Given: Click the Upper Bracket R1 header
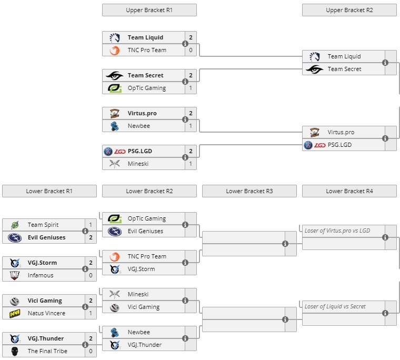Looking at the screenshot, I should pos(149,10).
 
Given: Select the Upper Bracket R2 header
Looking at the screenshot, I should pos(349,10).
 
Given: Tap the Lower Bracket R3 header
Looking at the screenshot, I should pos(249,191).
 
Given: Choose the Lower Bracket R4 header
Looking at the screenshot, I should pos(349,191).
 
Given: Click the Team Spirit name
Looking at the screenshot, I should pos(43,225).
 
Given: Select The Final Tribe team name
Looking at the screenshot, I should pos(47,352).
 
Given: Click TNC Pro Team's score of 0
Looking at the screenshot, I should pos(191,50).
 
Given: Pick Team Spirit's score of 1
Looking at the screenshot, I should pos(91,225).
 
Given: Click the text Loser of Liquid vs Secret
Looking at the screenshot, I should pos(335,306).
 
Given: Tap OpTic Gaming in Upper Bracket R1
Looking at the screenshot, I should pos(146,88).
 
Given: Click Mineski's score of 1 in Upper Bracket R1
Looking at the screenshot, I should pos(191,164).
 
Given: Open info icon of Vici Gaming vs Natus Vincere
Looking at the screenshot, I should pos(85,307).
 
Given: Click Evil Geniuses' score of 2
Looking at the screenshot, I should pos(91,237).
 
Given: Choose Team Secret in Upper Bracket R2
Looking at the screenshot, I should pos(344,69).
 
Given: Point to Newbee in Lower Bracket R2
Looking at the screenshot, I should pos(138,332).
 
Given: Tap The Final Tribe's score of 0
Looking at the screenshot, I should pos(91,351).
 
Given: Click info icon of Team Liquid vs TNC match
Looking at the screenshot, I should pos(185,44).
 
